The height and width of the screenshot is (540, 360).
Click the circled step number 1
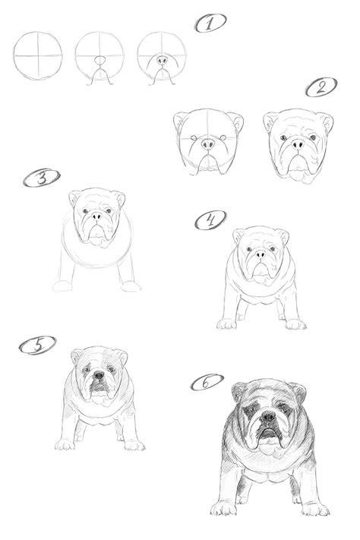point(210,23)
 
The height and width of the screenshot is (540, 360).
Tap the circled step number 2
point(321,87)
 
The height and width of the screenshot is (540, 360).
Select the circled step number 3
point(42,178)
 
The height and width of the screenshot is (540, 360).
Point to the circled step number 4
point(210,219)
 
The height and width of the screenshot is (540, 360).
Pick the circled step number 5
point(37,345)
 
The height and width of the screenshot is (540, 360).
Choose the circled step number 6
point(207,382)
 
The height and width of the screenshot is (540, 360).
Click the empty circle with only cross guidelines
point(38,55)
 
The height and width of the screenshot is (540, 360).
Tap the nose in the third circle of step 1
point(162,60)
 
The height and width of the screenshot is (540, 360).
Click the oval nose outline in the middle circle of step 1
point(100,61)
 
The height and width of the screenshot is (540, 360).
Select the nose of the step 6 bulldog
point(267,417)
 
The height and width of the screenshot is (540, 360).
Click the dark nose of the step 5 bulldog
point(99,374)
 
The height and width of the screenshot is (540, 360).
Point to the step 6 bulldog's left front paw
point(223,508)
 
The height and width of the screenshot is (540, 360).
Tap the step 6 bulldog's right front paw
point(315,508)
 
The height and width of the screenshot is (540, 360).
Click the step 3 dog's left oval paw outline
point(62,286)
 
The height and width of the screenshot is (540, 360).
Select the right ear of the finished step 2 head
point(326,122)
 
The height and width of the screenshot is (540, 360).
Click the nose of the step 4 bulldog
point(261,254)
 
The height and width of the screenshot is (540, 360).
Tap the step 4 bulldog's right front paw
point(295,324)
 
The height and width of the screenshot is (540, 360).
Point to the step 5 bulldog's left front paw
point(65,444)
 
